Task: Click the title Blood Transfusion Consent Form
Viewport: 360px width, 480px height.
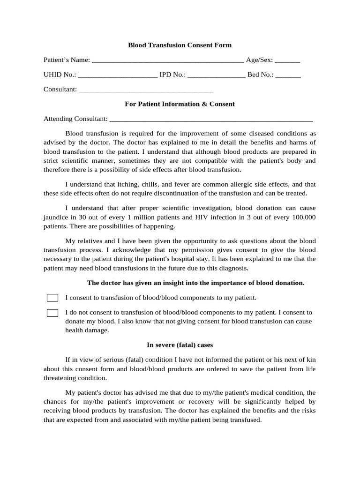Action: point(180,45)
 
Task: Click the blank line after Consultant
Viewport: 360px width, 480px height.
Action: point(146,90)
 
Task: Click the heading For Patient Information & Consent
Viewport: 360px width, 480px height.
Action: point(180,104)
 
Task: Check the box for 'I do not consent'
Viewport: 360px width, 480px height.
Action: point(52,313)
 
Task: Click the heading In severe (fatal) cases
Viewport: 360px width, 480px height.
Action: point(180,345)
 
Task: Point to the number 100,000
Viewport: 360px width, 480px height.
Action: point(303,217)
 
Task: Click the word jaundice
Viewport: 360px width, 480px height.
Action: point(56,217)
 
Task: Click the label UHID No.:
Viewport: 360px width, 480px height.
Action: point(60,75)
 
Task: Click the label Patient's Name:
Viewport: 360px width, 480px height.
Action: point(67,60)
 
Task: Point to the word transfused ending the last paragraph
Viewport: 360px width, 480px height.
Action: point(244,420)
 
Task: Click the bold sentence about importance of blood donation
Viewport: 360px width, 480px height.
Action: point(196,283)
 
